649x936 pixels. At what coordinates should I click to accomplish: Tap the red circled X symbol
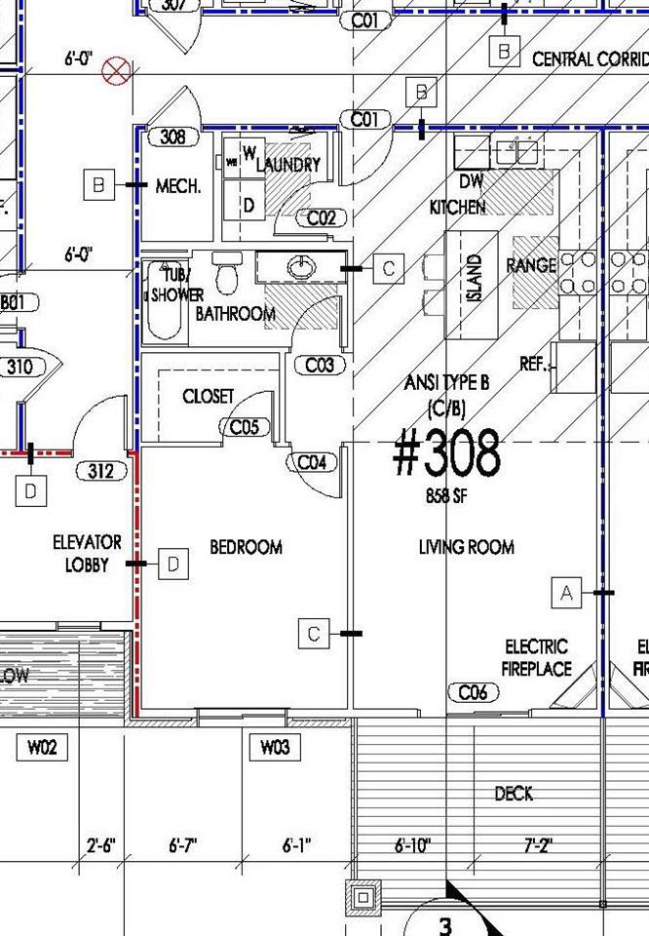click(119, 70)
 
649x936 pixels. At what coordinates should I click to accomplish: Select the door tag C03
click(320, 365)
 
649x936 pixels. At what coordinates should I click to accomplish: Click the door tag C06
click(473, 692)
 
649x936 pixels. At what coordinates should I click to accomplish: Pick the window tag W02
click(41, 748)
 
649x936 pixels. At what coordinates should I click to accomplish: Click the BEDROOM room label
click(246, 547)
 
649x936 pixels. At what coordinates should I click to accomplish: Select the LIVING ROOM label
click(466, 547)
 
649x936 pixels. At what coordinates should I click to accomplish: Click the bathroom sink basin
click(303, 265)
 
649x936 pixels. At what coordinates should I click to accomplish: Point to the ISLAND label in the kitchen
click(475, 278)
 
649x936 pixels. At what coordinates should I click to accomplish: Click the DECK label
click(514, 794)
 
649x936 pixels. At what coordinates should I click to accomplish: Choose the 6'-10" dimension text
click(413, 846)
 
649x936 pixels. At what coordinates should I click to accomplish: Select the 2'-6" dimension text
click(100, 846)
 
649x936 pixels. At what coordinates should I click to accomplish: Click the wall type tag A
click(567, 592)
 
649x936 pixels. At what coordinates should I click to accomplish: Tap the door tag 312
click(101, 472)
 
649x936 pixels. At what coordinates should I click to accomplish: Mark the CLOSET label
click(209, 396)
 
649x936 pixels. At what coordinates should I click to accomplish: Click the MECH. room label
click(178, 185)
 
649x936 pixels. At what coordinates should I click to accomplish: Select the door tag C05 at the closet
click(245, 426)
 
